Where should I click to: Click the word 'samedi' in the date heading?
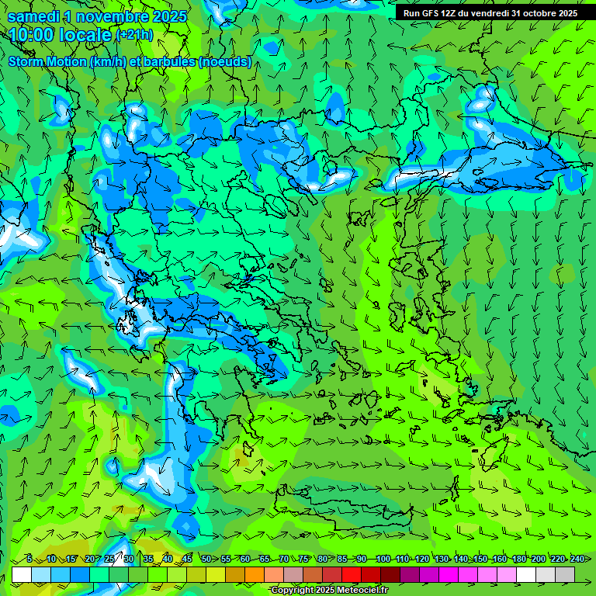(34, 16)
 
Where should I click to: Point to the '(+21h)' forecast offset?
(135, 35)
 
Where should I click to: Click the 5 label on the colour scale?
(29, 559)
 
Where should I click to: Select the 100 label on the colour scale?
(383, 559)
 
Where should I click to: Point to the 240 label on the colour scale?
(577, 559)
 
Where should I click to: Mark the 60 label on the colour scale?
(245, 559)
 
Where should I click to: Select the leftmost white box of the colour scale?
(22, 574)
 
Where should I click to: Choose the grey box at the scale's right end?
(565, 574)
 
